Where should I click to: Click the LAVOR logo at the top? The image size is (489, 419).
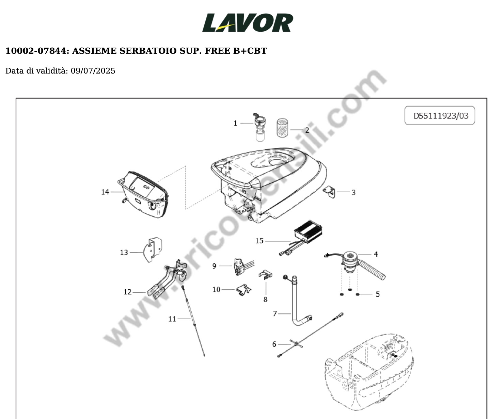(248, 22)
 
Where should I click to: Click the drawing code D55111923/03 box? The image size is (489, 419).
(440, 115)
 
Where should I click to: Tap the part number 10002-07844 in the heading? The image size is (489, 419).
(37, 51)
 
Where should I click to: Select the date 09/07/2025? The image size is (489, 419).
(93, 71)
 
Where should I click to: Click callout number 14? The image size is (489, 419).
(105, 192)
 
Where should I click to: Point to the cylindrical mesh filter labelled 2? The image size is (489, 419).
(283, 128)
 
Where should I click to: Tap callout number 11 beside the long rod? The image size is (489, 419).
(172, 319)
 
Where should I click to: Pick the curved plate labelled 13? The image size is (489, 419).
(153, 250)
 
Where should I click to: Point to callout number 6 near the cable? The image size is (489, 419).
(274, 344)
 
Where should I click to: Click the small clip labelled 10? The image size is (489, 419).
(244, 290)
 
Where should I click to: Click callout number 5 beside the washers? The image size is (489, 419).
(378, 294)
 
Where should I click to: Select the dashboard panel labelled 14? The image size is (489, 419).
(143, 195)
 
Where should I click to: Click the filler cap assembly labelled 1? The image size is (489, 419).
(260, 127)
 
